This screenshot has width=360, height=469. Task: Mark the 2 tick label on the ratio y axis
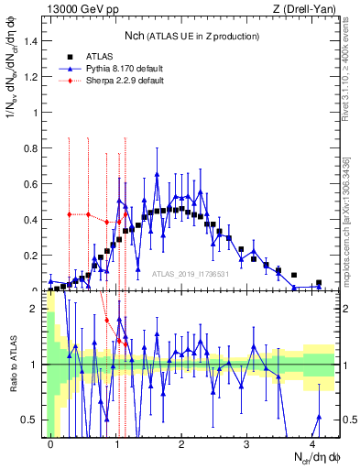point(37,309)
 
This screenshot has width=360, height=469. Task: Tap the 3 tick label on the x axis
point(247,442)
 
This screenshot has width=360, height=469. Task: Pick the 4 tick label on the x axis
point(312,442)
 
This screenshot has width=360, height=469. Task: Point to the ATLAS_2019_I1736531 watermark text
point(191,275)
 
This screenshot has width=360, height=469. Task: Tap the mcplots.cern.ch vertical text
point(349,220)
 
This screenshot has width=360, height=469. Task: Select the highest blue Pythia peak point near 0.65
point(158,174)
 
